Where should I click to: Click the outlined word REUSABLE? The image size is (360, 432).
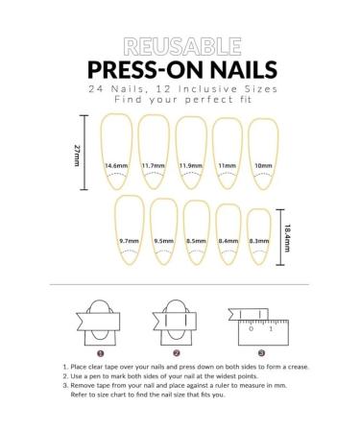tap(180, 47)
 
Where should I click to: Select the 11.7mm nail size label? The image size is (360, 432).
tap(154, 166)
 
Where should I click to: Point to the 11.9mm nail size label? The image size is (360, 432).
tap(191, 166)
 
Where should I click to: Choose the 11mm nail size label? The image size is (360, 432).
tap(227, 166)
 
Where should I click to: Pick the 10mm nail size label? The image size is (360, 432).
tap(262, 166)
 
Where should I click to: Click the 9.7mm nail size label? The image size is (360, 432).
tap(130, 241)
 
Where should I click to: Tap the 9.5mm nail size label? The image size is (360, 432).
tap(163, 241)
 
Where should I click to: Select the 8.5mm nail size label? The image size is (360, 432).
tap(196, 241)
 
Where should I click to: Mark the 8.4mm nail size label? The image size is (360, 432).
tap(228, 241)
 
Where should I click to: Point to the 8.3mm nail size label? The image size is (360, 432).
tap(258, 241)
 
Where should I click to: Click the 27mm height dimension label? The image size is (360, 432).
tap(77, 155)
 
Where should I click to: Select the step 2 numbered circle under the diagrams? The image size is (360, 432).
tap(177, 353)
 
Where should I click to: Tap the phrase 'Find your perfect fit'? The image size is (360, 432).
tap(180, 99)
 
